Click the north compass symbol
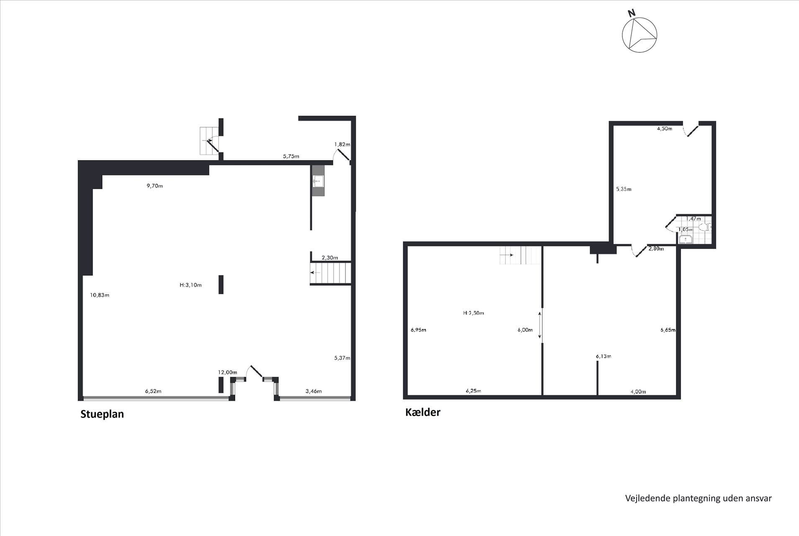[x=639, y=32]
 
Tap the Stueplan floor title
[x=102, y=414]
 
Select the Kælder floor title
[x=423, y=412]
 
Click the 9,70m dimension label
[x=154, y=186]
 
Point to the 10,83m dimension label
[x=100, y=295]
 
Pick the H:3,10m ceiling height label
[x=190, y=285]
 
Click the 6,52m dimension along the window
[x=153, y=391]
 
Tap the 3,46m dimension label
[x=313, y=391]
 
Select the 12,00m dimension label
[x=227, y=372]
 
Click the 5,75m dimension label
[x=291, y=156]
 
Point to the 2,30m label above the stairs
[x=329, y=258]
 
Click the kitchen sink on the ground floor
[x=318, y=181]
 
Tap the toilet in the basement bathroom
[x=706, y=227]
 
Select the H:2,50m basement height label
[x=473, y=313]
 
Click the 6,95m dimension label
[x=418, y=330]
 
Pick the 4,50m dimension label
[x=664, y=129]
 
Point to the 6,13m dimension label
[x=603, y=356]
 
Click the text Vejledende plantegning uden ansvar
[x=698, y=498]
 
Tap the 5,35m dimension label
[x=624, y=189]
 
